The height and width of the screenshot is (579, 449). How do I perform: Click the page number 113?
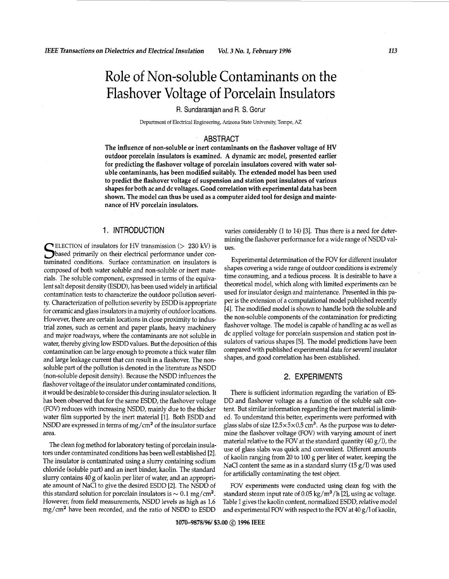pos(392,51)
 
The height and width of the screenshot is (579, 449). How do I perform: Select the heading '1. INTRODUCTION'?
pos(133,230)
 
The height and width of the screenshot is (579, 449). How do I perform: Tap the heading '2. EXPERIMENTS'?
pos(313,377)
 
